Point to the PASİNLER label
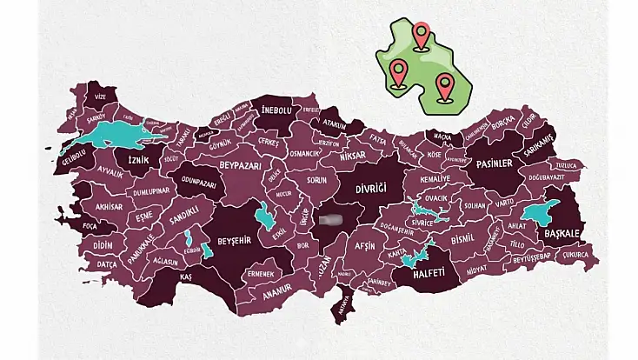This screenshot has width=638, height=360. [499, 162]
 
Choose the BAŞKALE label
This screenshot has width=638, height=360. [562, 233]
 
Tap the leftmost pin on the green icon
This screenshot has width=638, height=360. [398, 73]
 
